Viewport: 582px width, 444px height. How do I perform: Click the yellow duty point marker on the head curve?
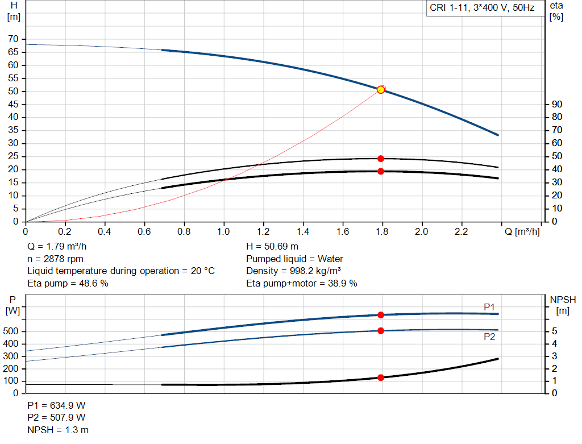coord(381,90)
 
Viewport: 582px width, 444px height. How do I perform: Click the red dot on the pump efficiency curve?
coord(381,159)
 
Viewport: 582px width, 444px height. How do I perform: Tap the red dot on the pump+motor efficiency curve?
coord(381,171)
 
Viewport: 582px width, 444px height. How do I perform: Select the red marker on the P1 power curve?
coord(381,315)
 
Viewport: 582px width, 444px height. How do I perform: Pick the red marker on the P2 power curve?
coord(381,331)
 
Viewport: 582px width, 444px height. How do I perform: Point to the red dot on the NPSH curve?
coord(381,377)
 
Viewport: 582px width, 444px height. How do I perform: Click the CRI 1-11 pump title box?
coord(482,9)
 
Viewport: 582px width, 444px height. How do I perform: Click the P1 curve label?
coord(489,307)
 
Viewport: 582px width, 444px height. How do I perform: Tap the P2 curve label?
coord(489,337)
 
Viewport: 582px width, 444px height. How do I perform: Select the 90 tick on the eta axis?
coord(557,104)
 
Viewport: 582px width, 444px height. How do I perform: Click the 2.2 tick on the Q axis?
coord(461,232)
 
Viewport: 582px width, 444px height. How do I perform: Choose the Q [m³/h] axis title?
coord(522,232)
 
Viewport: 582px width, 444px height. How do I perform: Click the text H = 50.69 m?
coord(272,247)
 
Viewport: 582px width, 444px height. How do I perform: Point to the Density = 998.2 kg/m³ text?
coord(294,271)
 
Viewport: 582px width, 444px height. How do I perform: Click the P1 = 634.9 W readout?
coord(56,406)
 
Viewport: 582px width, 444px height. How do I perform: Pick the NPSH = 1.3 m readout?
coord(58,430)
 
